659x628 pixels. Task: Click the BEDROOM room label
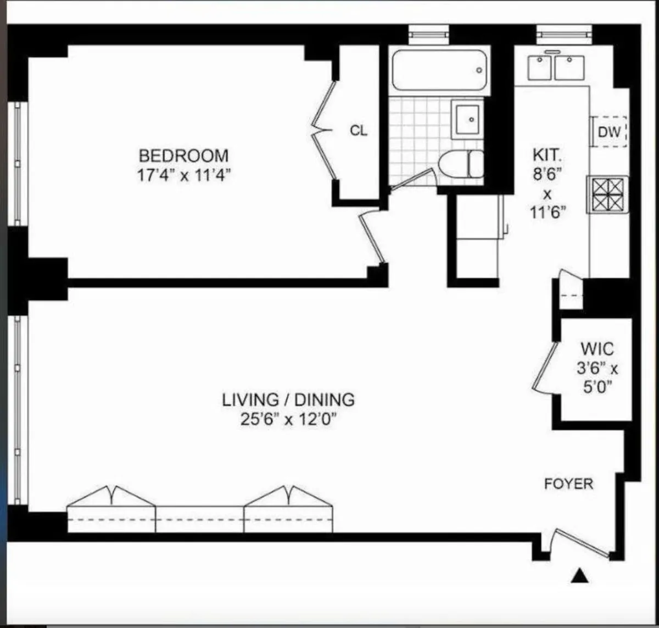[183, 155]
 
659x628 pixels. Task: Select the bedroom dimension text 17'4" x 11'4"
[183, 175]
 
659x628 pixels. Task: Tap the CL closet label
[359, 131]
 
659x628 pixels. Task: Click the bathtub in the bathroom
[440, 70]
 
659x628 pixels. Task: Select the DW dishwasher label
[609, 132]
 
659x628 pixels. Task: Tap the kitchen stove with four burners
[607, 194]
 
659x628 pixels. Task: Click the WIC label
[597, 349]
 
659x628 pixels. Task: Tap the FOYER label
[568, 484]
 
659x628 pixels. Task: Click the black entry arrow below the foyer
[580, 576]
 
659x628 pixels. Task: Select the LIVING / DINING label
[288, 399]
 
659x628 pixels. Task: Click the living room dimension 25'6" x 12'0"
[287, 420]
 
